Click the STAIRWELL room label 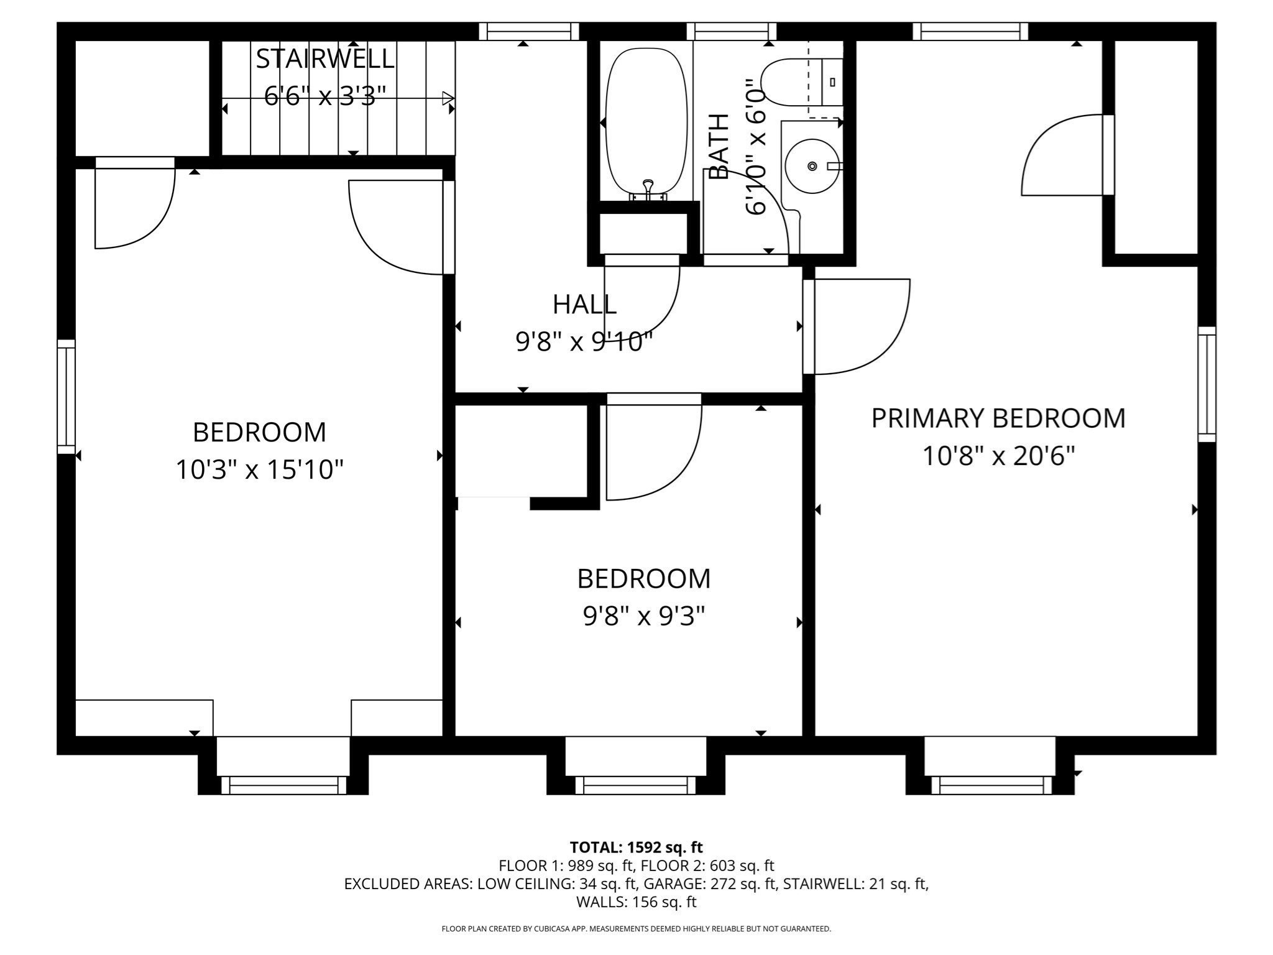[x=325, y=59]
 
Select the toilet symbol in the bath [x=793, y=82]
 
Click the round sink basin [x=812, y=166]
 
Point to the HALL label [x=584, y=305]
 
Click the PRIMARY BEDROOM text [x=998, y=418]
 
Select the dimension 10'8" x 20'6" [x=998, y=457]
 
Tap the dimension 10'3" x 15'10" [x=259, y=470]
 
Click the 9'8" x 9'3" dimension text [x=643, y=617]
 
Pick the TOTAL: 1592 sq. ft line [x=636, y=847]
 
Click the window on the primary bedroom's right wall [x=1206, y=384]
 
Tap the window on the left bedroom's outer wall [x=66, y=397]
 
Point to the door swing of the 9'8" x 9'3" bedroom [x=653, y=451]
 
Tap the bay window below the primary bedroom [x=991, y=785]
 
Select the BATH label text [x=719, y=147]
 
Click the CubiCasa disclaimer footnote [x=636, y=929]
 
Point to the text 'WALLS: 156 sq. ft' [x=636, y=902]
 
